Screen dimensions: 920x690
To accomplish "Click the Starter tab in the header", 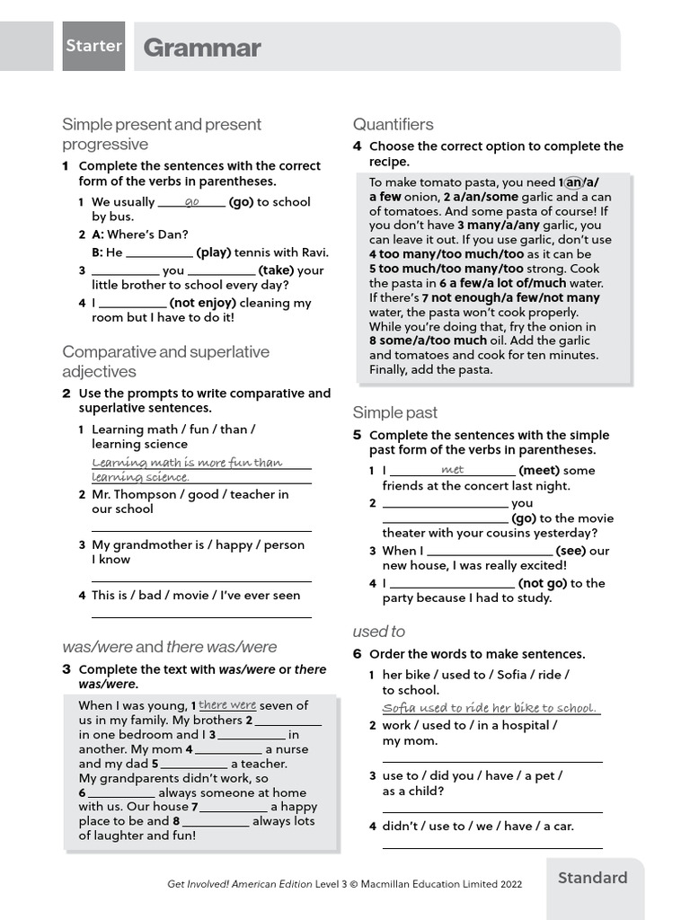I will point(93,46).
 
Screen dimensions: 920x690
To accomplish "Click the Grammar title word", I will point(202,48).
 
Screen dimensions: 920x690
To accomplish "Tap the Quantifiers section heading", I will point(393,124).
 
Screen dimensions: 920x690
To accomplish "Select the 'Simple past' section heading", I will point(394,412).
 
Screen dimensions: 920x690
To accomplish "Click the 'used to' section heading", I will point(378,632).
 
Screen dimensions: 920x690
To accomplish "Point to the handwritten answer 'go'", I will point(191,201).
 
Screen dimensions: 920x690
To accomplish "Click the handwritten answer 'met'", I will point(453,469).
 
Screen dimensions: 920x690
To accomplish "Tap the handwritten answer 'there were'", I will point(227,705).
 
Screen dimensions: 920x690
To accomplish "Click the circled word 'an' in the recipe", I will point(573,181).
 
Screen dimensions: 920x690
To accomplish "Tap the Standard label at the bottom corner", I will point(593,878).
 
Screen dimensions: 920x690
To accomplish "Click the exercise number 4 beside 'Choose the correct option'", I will point(357,146).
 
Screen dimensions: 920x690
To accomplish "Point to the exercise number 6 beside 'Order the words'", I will point(357,654).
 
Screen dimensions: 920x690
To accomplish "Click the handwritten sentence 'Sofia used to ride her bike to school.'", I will point(490,708).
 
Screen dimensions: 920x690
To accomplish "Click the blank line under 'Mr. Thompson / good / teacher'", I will point(201,529).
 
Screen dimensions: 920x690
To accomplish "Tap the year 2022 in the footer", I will point(507,884).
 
